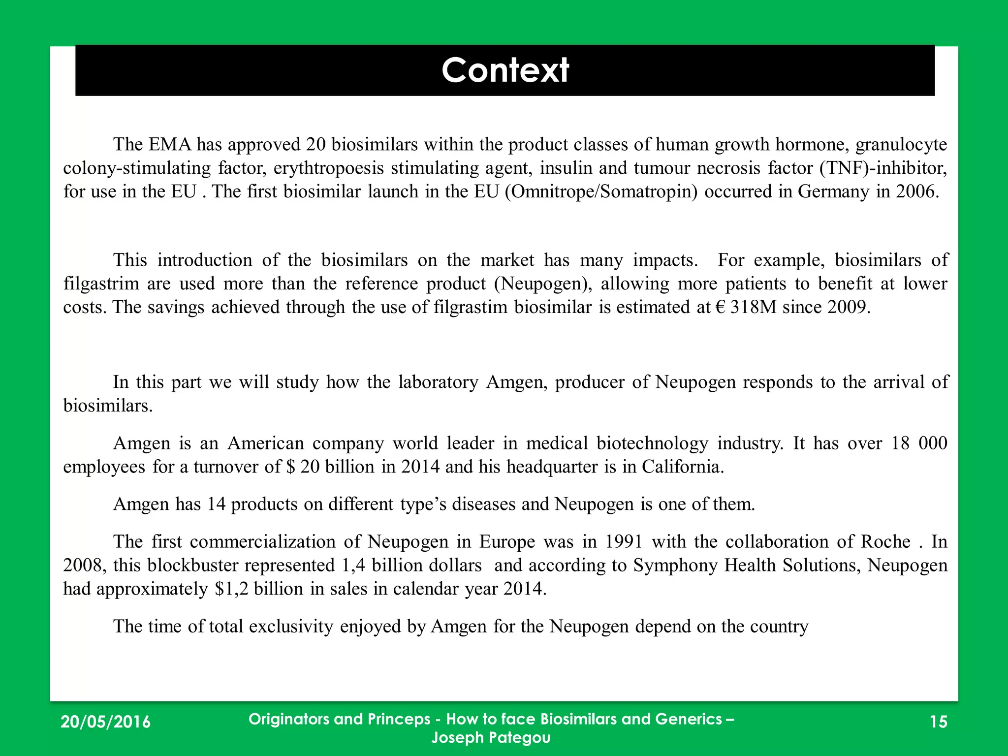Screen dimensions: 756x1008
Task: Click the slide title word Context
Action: click(505, 70)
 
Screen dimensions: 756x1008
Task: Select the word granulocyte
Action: click(901, 144)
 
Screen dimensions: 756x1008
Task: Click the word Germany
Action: click(833, 191)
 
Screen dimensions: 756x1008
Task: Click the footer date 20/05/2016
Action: click(105, 722)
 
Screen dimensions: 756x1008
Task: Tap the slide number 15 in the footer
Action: click(939, 722)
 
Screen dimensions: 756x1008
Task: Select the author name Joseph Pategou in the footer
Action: click(491, 737)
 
